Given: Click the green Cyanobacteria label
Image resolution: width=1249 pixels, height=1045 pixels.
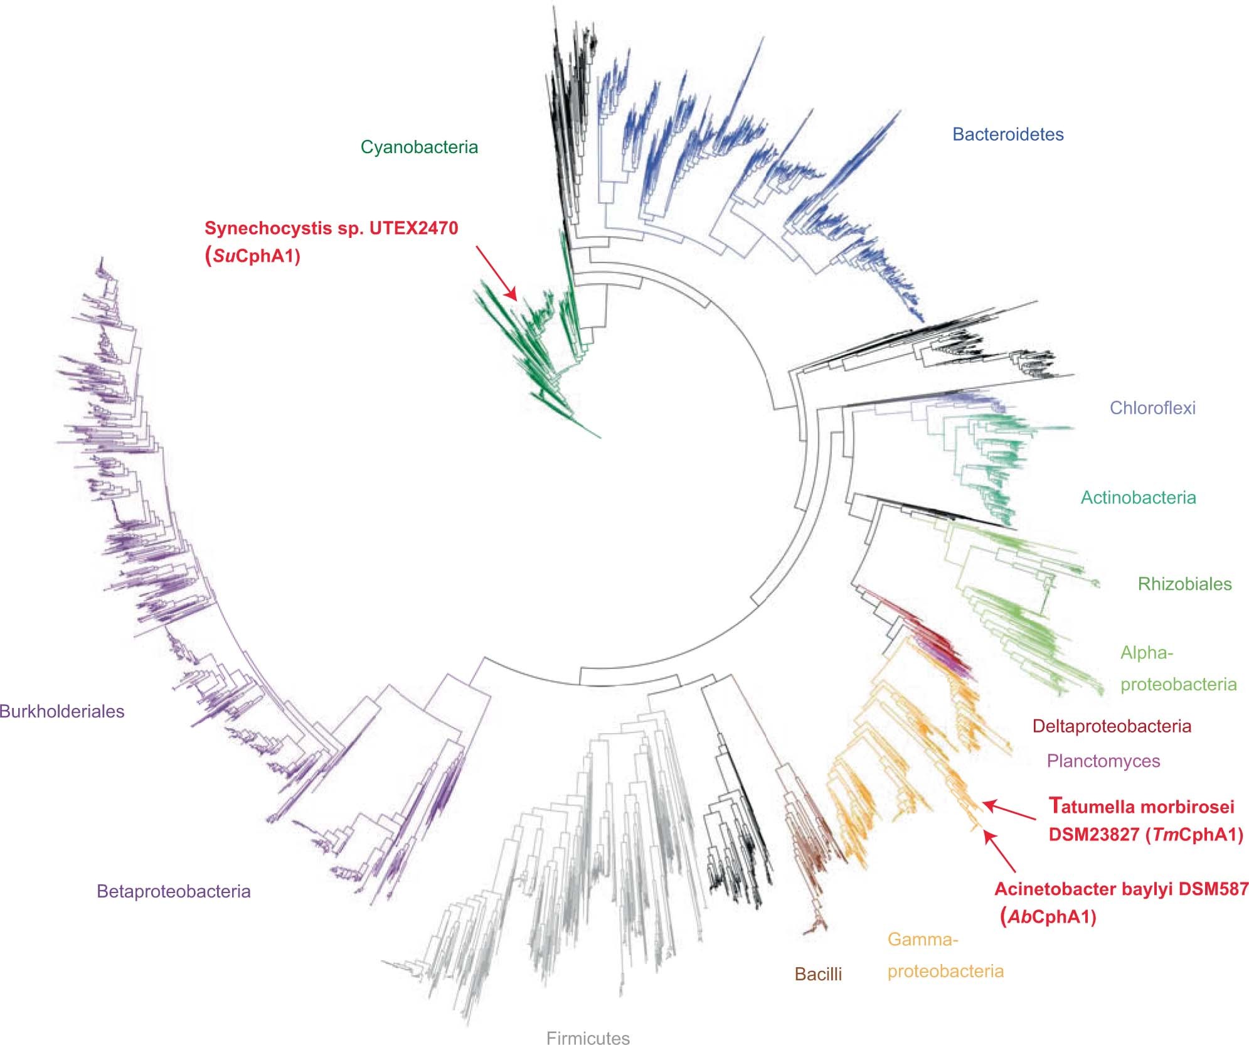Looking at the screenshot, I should (x=419, y=147).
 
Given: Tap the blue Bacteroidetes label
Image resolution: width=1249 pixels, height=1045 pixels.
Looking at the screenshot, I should (x=1007, y=134).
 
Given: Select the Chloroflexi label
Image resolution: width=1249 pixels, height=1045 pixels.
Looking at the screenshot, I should (x=1152, y=408).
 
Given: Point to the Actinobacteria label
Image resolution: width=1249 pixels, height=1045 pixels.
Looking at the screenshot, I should (x=1138, y=498).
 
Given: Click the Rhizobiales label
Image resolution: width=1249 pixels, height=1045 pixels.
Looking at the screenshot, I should (x=1184, y=584).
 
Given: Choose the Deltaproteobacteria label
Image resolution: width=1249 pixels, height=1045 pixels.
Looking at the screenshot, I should (x=1112, y=726).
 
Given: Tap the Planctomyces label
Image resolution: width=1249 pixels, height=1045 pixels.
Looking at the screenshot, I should (x=1103, y=761).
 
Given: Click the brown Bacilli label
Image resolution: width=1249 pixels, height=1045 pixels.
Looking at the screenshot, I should (x=818, y=974).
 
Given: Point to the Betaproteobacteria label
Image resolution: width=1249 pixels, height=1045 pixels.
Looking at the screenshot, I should (x=174, y=891).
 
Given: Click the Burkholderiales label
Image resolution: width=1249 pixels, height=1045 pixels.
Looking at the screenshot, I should (x=62, y=711).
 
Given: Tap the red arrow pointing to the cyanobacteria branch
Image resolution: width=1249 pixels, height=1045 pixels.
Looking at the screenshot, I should (x=496, y=272).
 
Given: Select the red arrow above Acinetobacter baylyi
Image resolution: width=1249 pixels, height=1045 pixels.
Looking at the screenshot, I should (x=1000, y=852).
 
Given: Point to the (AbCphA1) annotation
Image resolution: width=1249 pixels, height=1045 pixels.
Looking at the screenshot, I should (x=1048, y=917).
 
